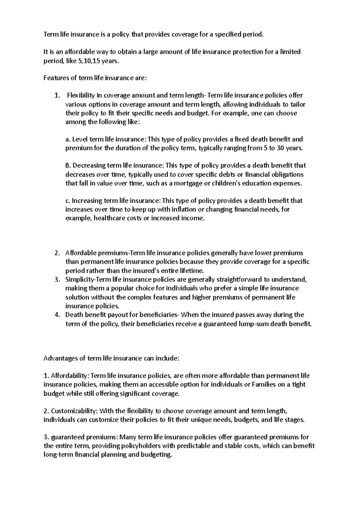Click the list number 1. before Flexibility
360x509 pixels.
[57, 96]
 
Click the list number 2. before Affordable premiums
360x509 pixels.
[57, 253]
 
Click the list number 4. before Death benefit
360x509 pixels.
[57, 315]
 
